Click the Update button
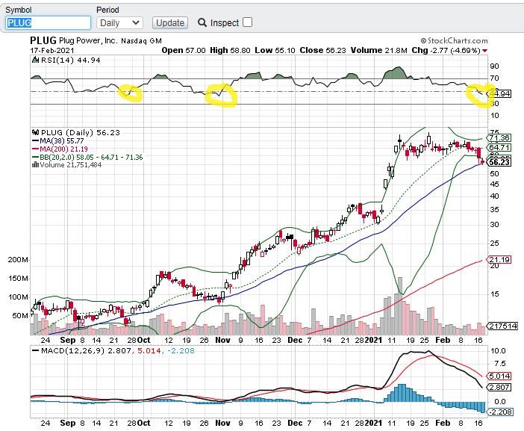click(x=169, y=22)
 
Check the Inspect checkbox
click(x=248, y=22)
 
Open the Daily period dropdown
click(x=119, y=22)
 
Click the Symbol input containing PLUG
click(x=48, y=22)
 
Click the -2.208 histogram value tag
click(x=499, y=411)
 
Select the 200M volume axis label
click(x=18, y=260)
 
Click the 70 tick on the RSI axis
click(x=494, y=78)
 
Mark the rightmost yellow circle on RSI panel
click(x=480, y=94)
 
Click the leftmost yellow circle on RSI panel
click(x=130, y=93)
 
